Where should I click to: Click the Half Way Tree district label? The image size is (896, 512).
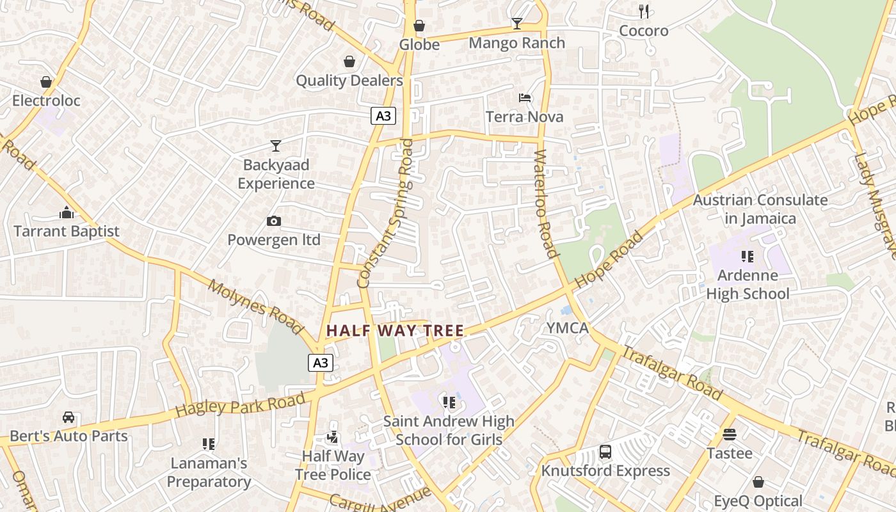(395, 331)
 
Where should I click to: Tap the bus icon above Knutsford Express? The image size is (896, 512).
(605, 452)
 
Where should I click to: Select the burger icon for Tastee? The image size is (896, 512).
(730, 435)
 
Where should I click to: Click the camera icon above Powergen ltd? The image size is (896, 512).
(274, 221)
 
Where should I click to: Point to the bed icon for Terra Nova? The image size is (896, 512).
(525, 98)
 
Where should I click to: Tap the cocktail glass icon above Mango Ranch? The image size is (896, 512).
(517, 24)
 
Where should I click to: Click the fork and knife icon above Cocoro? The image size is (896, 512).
(644, 12)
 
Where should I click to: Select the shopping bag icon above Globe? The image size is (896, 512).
(419, 26)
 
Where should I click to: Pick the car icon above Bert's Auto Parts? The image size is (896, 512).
(68, 417)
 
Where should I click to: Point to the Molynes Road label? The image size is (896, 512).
(255, 307)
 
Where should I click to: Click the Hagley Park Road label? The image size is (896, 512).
(240, 406)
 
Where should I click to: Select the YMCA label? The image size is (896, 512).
(567, 328)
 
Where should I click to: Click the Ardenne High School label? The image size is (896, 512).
(748, 284)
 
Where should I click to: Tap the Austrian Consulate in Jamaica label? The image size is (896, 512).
(760, 209)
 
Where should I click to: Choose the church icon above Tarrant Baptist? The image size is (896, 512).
(67, 212)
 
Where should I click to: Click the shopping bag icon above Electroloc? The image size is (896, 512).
(46, 82)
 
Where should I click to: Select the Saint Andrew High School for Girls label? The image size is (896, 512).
(449, 430)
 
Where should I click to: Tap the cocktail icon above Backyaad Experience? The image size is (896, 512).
(276, 146)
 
